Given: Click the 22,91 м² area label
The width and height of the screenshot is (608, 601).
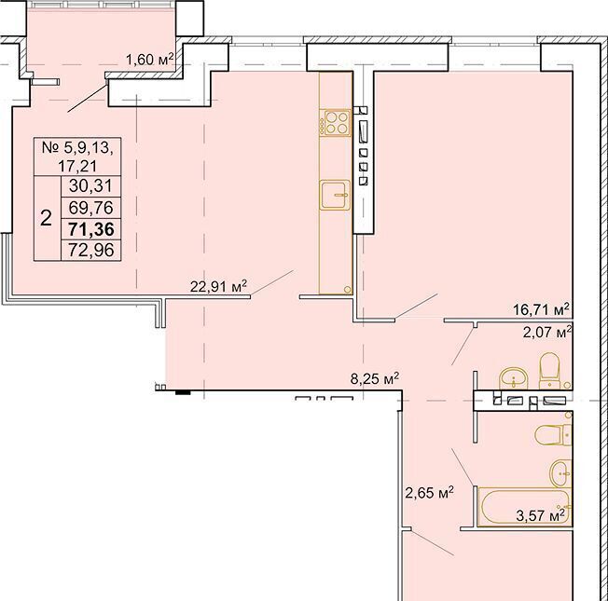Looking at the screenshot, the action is tap(218, 287).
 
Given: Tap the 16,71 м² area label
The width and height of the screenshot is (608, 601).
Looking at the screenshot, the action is tap(541, 309).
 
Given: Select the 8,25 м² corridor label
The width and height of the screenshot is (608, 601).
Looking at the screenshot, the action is tap(375, 378).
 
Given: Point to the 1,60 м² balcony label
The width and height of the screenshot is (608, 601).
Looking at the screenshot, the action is tap(150, 60).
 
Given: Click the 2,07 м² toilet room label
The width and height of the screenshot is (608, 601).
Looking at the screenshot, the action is tap(547, 332).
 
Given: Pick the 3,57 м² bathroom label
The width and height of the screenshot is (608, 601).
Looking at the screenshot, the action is tap(541, 515).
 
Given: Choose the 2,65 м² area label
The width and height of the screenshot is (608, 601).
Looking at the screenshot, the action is tap(429, 493).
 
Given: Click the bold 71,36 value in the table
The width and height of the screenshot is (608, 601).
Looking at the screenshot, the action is tap(91, 229).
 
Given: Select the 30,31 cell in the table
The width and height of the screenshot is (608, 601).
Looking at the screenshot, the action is tap(91, 186).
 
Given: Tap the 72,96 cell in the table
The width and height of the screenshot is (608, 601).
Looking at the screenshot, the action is tap(91, 250).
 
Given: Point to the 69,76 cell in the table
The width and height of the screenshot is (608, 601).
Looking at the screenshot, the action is tap(91, 208).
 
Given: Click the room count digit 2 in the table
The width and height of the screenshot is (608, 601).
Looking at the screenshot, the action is tap(46, 219).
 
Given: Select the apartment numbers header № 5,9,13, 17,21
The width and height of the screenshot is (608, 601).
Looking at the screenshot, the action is tap(77, 157).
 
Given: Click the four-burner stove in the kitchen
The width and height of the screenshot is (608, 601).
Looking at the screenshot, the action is tap(335, 123).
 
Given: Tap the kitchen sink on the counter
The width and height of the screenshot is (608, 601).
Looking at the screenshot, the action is tap(335, 195).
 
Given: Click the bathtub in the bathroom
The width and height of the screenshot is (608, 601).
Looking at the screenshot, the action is tap(525, 507).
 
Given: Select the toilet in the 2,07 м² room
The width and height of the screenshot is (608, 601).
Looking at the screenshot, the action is tap(550, 371).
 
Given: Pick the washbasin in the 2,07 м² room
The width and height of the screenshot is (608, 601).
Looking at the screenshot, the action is tap(514, 378).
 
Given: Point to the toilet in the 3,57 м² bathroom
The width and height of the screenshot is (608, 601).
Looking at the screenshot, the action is tap(553, 435).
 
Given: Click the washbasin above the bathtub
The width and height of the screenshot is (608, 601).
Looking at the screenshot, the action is tap(560, 473).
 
